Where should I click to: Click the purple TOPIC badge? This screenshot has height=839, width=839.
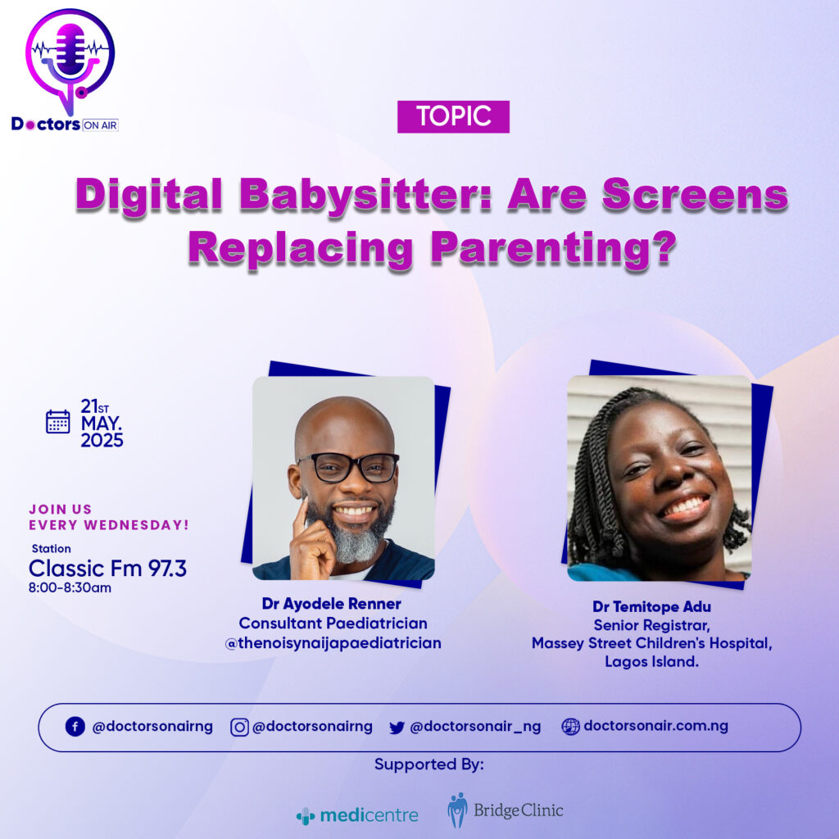453,116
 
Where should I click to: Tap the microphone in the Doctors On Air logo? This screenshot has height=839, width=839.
70,50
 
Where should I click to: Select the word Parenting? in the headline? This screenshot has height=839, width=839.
554,249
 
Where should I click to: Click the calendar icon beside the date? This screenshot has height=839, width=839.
58,422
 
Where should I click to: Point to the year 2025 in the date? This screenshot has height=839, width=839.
102,440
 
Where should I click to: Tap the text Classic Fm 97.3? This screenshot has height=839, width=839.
107,569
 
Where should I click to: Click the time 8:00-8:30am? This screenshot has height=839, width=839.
70,587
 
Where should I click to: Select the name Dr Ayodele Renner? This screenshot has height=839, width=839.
331,604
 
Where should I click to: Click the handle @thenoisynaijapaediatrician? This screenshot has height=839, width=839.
333,642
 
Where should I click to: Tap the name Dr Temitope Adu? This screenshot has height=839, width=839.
651,606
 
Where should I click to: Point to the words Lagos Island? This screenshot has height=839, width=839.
651,661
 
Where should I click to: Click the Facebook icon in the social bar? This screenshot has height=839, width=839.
75,727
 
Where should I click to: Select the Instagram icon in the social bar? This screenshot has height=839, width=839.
239,728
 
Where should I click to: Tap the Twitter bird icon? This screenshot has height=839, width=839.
397,728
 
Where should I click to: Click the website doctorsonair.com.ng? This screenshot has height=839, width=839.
656,726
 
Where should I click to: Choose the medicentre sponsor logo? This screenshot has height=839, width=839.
357,816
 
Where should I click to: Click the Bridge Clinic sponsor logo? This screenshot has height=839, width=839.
505,810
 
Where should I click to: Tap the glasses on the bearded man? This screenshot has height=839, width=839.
349,466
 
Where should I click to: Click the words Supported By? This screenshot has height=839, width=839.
429,764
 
